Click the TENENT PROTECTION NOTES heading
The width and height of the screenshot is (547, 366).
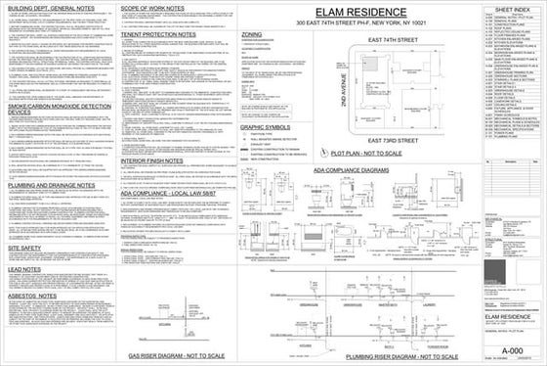157,34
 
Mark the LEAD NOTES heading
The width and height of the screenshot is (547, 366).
23,266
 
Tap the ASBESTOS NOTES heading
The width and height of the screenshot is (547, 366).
31,293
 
